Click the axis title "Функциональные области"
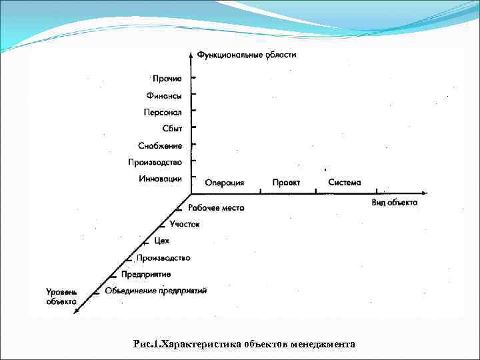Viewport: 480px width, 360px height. (x=247, y=55)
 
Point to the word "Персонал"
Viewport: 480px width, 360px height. (x=163, y=112)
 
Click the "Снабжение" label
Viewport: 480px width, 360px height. (x=160, y=145)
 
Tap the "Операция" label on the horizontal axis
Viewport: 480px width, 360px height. (x=224, y=183)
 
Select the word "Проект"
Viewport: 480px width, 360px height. (x=286, y=182)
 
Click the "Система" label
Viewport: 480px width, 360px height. (x=345, y=182)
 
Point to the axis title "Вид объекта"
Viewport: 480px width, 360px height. (x=395, y=203)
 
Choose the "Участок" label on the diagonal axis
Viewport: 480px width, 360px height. (x=185, y=224)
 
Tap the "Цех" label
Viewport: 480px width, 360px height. (x=161, y=241)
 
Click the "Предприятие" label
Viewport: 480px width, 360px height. (x=146, y=274)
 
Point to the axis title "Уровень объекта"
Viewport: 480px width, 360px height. (x=61, y=297)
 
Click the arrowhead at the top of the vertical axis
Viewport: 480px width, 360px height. (x=192, y=52)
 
